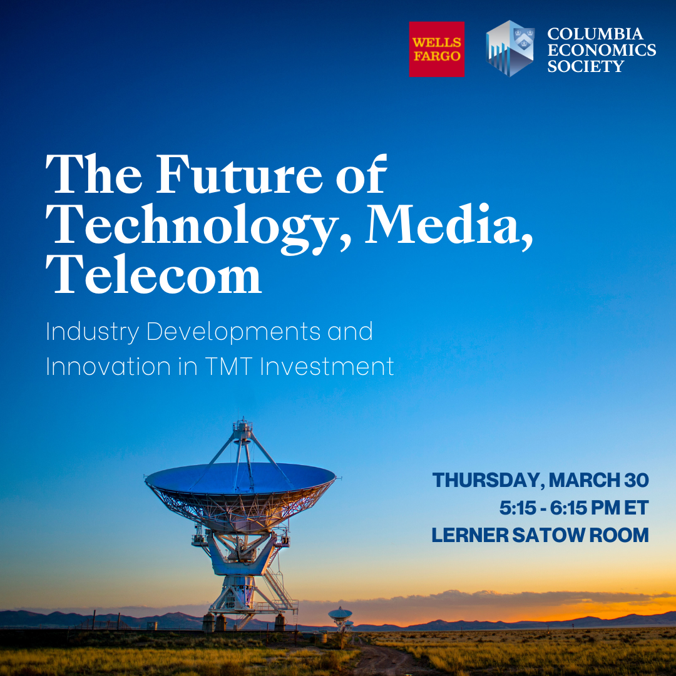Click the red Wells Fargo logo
point(436,49)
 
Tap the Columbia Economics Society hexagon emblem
point(510,48)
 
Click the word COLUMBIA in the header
point(595,34)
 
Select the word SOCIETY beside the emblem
point(585,66)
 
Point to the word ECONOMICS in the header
point(602,50)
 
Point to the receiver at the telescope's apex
point(243,428)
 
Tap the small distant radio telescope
point(340,614)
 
